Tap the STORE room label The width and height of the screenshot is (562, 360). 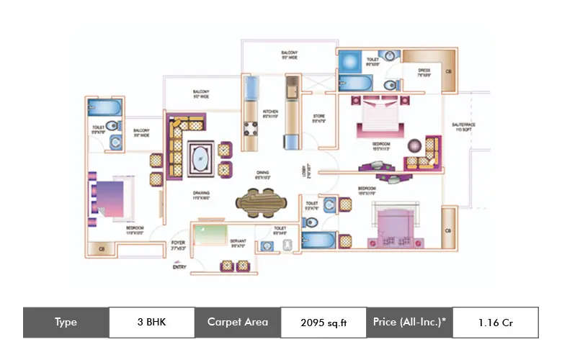318,118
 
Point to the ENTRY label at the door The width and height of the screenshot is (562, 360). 179,267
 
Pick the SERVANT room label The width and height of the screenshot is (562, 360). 238,243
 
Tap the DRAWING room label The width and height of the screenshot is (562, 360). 201,195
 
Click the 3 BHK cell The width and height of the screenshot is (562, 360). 151,323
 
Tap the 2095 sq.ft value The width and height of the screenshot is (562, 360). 324,323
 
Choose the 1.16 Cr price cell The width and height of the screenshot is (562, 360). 495,323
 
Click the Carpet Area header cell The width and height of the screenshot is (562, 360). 237,323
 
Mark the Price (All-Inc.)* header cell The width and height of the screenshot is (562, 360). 409,323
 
